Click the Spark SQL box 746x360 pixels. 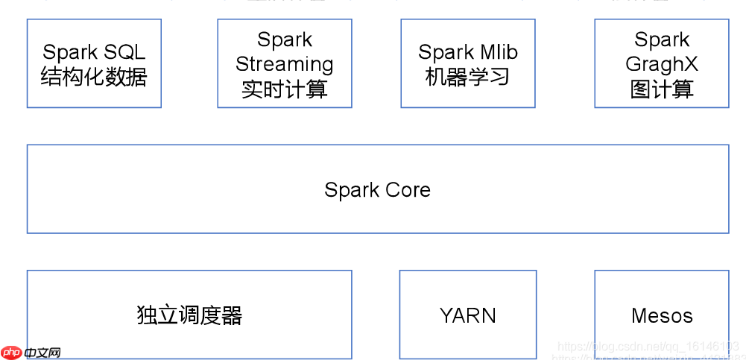point(94,63)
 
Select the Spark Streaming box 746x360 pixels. point(284,63)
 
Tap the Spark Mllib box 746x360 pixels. point(467,63)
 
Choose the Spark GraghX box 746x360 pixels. point(661,63)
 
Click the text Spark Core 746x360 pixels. point(377,190)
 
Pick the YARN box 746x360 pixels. point(467,315)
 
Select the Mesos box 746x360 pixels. point(661,315)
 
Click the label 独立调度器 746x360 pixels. point(189,315)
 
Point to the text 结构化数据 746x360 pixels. point(94,77)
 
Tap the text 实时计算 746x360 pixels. point(284,89)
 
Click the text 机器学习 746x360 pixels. point(467,77)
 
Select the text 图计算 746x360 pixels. point(661,89)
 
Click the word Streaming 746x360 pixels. point(284,65)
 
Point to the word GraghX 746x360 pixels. point(661,65)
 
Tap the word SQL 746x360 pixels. point(124,52)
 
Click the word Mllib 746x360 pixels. point(499,52)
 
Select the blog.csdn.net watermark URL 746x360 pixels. point(648,347)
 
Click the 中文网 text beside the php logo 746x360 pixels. point(42,353)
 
